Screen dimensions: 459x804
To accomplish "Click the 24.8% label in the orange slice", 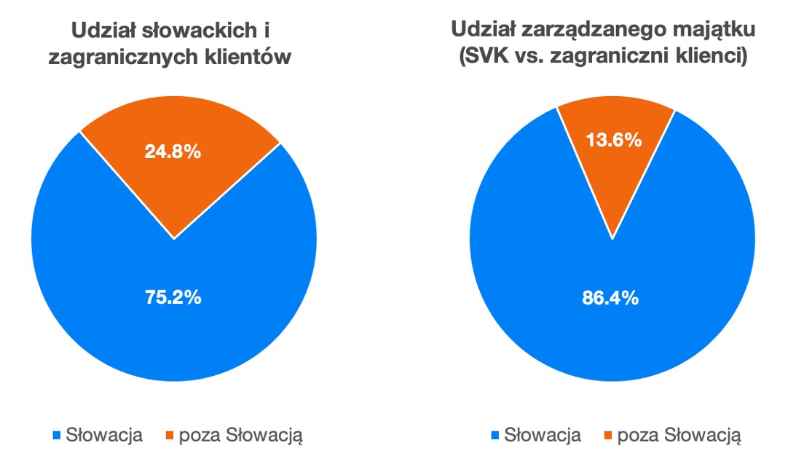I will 173,152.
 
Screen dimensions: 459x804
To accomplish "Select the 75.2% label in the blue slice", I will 173,297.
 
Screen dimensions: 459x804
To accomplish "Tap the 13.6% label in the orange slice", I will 614,140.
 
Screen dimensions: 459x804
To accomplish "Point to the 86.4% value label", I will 611,297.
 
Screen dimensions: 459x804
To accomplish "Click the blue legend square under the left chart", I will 57,436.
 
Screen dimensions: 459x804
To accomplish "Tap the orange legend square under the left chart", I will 170,436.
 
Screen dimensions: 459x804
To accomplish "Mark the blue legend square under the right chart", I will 495,436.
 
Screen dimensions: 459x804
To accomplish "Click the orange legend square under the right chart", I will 608,436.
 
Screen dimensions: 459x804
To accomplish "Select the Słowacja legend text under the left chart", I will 104,436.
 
